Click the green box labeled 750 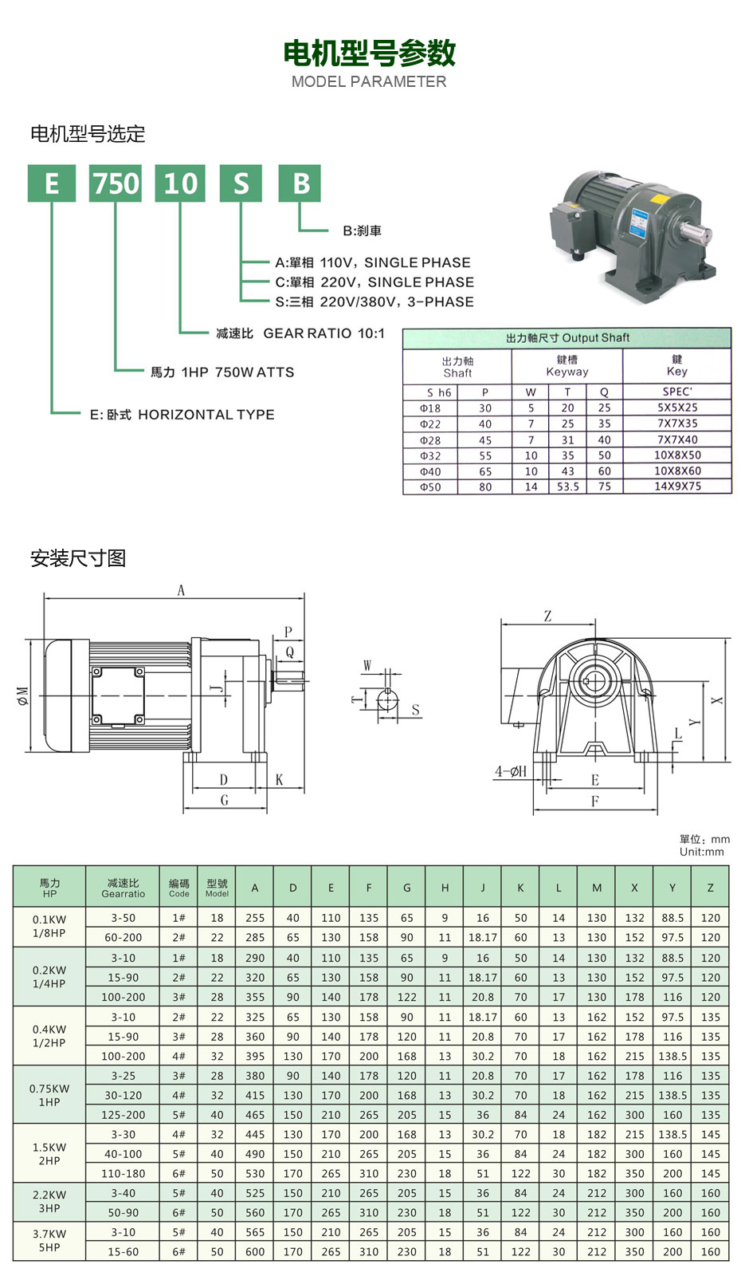116,183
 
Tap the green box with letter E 52,183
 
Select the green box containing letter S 241,183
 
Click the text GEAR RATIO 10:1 323,333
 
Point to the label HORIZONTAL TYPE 206,415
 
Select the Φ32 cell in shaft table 430,456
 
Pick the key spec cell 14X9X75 677,486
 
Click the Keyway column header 567,366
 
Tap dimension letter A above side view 181,591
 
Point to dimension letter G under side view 224,800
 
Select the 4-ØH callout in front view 511,771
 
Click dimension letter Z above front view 547,616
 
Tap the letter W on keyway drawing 367,665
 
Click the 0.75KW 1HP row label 49,1095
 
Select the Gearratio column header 123,888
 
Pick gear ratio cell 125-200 123,1115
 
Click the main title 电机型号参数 370,53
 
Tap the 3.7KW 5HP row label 49,1241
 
